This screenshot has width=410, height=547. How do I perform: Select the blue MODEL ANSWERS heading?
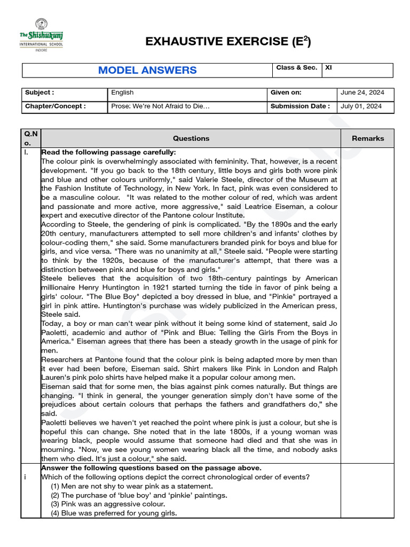(x=147, y=71)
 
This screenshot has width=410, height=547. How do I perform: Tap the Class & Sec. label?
(x=296, y=68)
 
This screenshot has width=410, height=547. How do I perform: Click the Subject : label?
(x=40, y=92)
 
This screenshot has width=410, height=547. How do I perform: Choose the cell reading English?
(x=122, y=92)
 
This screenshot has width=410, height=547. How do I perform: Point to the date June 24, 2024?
(x=362, y=92)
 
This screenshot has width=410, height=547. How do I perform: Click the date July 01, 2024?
(x=361, y=106)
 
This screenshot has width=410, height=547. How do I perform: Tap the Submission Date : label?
(x=300, y=106)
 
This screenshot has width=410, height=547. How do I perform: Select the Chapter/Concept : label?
(x=55, y=106)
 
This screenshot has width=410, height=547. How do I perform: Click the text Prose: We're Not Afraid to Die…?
(x=160, y=106)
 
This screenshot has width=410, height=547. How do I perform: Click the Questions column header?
(x=191, y=138)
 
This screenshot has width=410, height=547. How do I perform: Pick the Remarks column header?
(x=367, y=138)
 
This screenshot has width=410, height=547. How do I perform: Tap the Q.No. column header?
(x=30, y=138)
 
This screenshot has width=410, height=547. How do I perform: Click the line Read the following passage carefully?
(x=108, y=152)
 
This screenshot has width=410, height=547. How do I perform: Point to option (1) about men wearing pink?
(x=131, y=486)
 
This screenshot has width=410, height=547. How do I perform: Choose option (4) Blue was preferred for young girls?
(x=114, y=513)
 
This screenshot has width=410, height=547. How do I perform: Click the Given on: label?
(x=286, y=92)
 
